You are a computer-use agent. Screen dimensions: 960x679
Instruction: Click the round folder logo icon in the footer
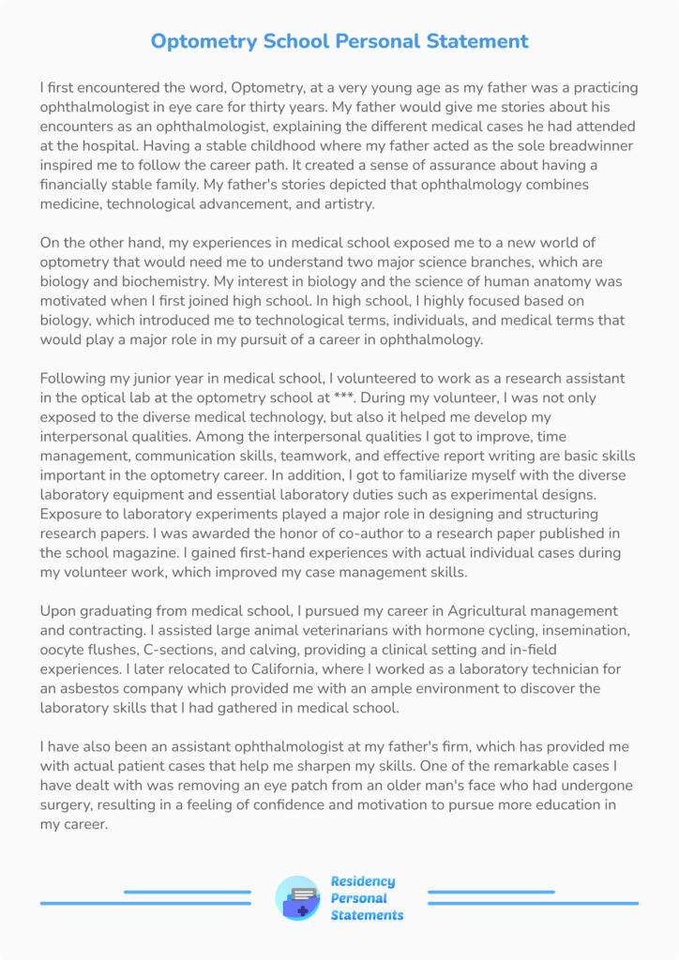(x=297, y=898)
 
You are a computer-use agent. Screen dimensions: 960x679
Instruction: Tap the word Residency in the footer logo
(x=363, y=881)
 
